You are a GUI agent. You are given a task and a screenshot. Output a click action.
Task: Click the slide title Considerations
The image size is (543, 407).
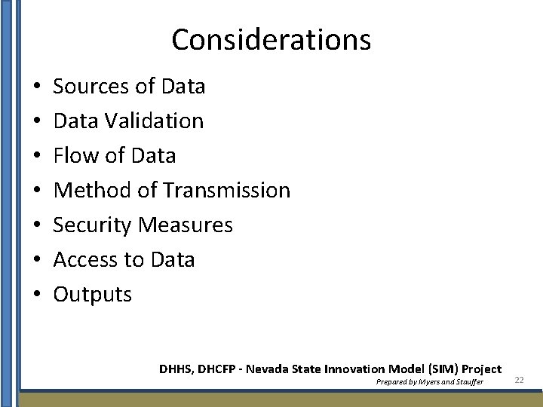(x=271, y=39)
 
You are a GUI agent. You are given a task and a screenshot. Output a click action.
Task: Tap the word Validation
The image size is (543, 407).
(x=160, y=121)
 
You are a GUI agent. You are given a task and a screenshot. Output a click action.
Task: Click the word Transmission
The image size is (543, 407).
(x=226, y=190)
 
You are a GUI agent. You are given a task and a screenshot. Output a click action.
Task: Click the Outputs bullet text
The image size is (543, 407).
(x=92, y=295)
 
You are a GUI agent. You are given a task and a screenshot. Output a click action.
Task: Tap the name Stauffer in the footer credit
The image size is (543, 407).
(x=465, y=382)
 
